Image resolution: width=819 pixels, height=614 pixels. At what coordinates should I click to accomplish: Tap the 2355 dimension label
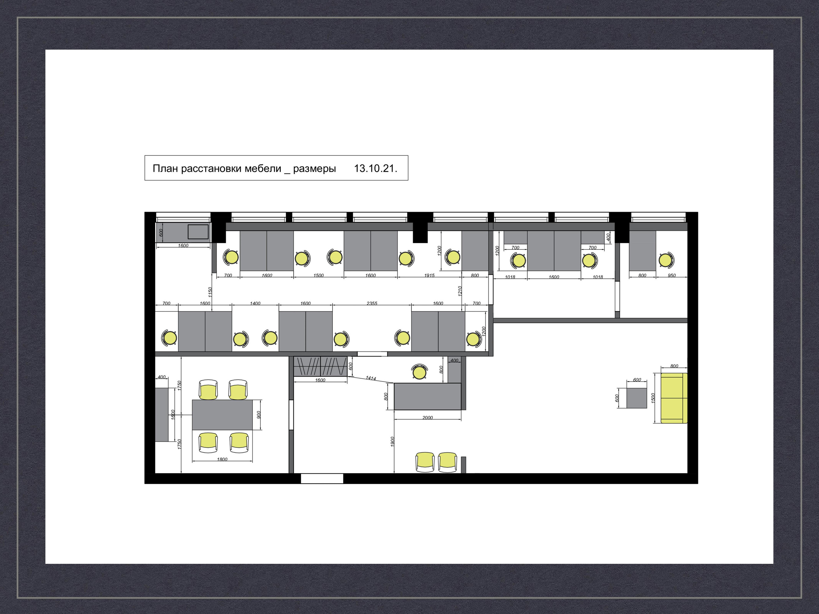click(x=372, y=303)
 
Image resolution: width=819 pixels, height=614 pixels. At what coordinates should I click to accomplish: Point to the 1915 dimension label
click(x=429, y=275)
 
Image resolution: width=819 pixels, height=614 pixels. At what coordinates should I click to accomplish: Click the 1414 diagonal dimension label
click(x=370, y=378)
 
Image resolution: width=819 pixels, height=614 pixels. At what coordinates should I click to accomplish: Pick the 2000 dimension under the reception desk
click(x=427, y=417)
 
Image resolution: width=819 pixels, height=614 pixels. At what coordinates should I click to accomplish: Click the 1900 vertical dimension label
click(x=393, y=442)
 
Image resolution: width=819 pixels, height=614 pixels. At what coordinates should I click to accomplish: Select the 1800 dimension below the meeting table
click(x=222, y=459)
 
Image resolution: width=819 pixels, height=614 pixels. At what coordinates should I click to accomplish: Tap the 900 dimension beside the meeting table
click(x=258, y=414)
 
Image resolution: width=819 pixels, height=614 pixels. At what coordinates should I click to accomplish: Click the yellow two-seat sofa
click(x=674, y=398)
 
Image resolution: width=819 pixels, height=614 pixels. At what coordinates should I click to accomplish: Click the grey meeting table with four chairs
click(x=222, y=414)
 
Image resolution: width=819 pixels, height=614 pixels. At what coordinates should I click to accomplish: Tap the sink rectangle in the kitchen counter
click(x=198, y=232)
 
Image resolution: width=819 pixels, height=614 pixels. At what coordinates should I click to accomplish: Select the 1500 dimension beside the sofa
click(x=653, y=398)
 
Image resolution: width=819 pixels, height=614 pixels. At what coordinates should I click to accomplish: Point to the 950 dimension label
click(x=672, y=275)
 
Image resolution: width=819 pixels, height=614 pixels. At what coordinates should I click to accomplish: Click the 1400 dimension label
click(x=255, y=303)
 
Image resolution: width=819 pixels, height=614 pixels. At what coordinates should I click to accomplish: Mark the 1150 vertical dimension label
click(x=210, y=292)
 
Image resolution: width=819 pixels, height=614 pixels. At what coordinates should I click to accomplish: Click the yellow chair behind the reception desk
click(x=419, y=372)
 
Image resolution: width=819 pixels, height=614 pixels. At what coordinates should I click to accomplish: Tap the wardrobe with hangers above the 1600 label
click(x=320, y=366)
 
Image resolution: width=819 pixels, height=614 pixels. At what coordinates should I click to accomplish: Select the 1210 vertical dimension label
click(x=460, y=291)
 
